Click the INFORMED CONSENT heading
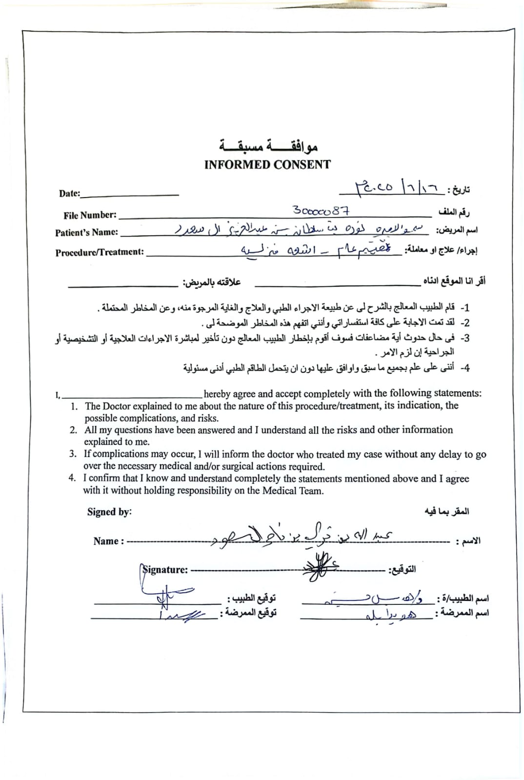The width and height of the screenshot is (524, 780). [267, 164]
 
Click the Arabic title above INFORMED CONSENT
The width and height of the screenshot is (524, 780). [268, 145]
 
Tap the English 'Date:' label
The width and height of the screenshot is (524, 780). [70, 193]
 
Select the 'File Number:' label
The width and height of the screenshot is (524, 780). [90, 215]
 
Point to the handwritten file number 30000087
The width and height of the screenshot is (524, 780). [321, 211]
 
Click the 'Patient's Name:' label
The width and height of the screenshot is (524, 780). [86, 233]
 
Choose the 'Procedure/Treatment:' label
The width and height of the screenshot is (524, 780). [100, 252]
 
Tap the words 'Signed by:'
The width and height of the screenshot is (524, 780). [109, 512]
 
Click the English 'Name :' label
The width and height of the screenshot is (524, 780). [108, 541]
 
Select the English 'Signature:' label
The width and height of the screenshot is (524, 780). [165, 569]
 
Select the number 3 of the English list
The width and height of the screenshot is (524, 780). [73, 454]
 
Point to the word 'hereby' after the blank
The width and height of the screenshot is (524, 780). [217, 394]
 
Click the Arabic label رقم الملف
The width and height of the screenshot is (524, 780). [454, 213]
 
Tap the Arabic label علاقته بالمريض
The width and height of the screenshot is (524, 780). [212, 282]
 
